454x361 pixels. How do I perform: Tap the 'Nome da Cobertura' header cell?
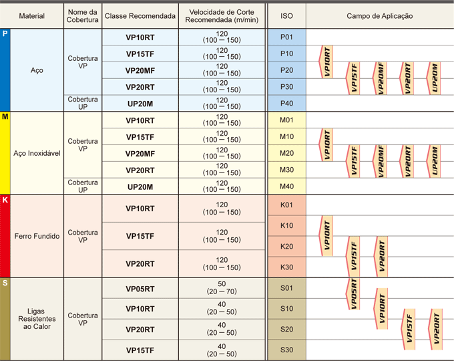tap(83, 15)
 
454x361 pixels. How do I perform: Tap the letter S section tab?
tap(5, 283)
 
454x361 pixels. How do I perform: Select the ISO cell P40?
tap(286, 103)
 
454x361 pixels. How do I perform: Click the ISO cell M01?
tap(286, 120)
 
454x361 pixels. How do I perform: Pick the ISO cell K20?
tap(286, 247)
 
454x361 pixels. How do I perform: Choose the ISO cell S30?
tap(286, 350)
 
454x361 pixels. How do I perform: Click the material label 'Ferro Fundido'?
tap(37, 236)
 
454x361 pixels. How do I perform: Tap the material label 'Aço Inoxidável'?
tap(37, 153)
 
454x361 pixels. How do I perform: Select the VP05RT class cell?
tap(140, 288)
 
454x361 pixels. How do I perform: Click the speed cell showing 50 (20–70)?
tap(222, 288)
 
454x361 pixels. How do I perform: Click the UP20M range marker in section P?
tap(435, 78)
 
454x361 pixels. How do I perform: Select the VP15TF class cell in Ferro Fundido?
tap(140, 236)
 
